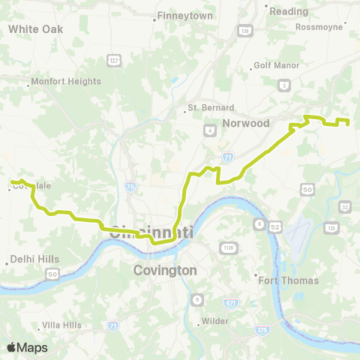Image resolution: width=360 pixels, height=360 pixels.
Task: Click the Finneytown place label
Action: pyautogui.click(x=184, y=16)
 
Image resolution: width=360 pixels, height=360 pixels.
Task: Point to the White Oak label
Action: pyautogui.click(x=35, y=28)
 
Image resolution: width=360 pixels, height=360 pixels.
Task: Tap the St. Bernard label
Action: pyautogui.click(x=211, y=108)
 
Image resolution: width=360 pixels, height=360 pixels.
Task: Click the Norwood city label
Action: pyautogui.click(x=245, y=123)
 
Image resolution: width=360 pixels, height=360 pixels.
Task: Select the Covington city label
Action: pyautogui.click(x=164, y=270)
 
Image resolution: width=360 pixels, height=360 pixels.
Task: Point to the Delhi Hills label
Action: pyautogui.click(x=33, y=259)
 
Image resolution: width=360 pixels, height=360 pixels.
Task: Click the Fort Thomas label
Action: pyautogui.click(x=289, y=280)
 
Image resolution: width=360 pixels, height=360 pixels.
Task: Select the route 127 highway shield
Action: pyautogui.click(x=114, y=60)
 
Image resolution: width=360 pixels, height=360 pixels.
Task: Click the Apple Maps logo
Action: pyautogui.click(x=27, y=347)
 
